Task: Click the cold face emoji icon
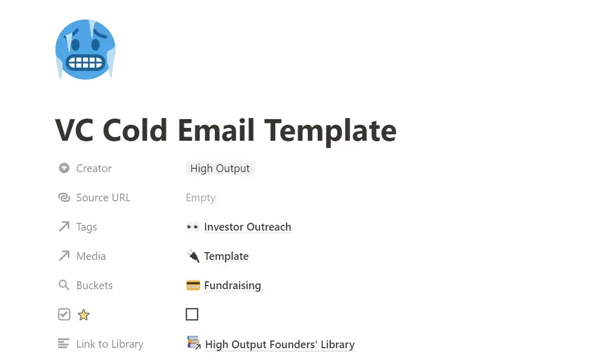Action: coord(86,50)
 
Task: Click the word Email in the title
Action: coord(216,130)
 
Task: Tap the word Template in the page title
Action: coord(330,131)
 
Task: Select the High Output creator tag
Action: coord(220,168)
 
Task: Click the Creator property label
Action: coord(94,168)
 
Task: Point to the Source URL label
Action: coord(103,198)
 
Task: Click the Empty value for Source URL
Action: coord(200,198)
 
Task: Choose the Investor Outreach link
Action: coord(248,227)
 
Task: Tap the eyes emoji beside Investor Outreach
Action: coord(192,226)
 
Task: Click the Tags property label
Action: coord(87,227)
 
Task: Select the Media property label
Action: coord(91,256)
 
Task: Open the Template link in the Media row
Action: coord(226,256)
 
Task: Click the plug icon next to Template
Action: coord(193,256)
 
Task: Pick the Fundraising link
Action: coord(233,286)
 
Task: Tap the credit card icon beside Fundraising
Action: coord(193,286)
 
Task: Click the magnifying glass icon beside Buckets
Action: coord(64,285)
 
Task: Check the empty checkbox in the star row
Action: coord(192,314)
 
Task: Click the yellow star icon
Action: coord(83,315)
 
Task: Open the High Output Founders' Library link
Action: coord(280,344)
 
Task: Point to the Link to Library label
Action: coord(110,344)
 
